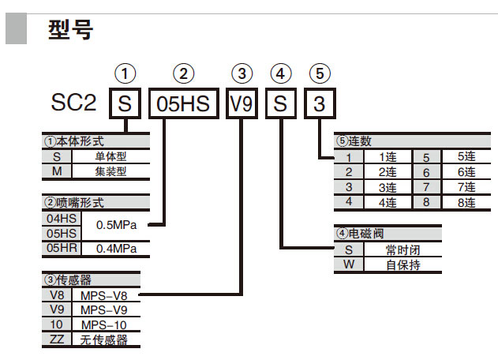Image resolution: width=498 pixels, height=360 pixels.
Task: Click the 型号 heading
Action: pos(70,29)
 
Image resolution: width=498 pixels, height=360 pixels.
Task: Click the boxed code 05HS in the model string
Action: pos(183,103)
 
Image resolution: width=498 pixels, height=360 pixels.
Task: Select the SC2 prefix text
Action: pos(75,103)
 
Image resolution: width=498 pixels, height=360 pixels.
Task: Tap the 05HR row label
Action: pos(62,248)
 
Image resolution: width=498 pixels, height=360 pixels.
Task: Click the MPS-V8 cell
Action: pos(104,295)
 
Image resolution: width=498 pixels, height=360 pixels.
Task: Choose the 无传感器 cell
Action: pos(104,339)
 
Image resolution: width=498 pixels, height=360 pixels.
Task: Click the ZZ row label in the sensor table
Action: pos(57,339)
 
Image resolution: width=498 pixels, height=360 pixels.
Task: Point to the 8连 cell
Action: pos(466,202)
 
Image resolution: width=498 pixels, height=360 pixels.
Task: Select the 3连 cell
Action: pos(387,187)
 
